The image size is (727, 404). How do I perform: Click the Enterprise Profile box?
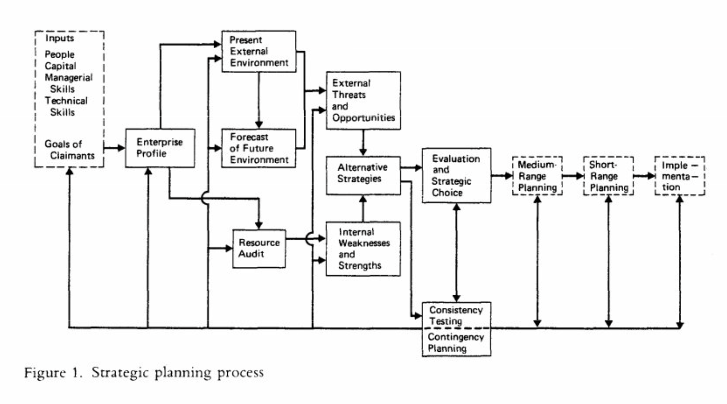click(x=160, y=148)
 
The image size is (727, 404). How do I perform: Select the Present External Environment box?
click(x=259, y=51)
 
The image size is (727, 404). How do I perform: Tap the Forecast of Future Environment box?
click(x=259, y=148)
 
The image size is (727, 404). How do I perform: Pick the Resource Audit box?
click(x=259, y=248)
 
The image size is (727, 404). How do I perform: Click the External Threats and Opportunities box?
click(x=363, y=100)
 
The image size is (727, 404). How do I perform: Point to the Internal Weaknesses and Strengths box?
click(x=363, y=249)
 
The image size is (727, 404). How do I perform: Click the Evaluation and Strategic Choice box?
click(x=456, y=176)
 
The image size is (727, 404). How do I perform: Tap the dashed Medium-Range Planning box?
click(x=537, y=176)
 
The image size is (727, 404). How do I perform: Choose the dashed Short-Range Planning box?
click(x=608, y=176)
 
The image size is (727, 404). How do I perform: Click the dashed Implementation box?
click(x=679, y=176)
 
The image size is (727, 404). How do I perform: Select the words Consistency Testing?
click(x=455, y=316)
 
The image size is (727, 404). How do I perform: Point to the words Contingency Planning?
click(x=455, y=343)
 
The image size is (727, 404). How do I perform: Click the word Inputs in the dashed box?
click(x=60, y=38)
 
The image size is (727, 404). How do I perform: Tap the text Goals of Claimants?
click(x=69, y=150)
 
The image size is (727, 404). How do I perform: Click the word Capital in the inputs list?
click(x=61, y=66)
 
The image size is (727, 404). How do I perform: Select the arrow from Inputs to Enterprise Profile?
click(x=114, y=148)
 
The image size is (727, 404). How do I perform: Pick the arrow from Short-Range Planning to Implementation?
click(x=644, y=176)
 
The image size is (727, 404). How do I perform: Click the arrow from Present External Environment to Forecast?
click(x=259, y=100)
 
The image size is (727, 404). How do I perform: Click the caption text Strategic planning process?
click(x=178, y=372)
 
